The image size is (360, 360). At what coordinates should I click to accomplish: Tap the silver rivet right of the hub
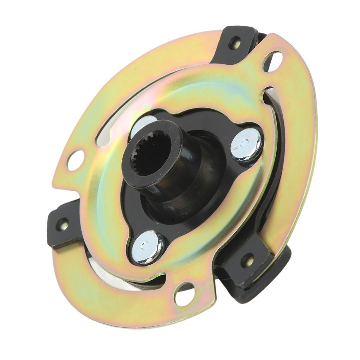click(x=246, y=144)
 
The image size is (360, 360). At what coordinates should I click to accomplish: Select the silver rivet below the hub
click(x=147, y=247)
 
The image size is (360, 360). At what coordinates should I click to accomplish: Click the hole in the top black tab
click(x=234, y=43)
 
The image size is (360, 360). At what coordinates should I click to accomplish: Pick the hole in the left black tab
click(x=62, y=224)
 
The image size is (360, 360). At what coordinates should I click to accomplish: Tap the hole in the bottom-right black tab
click(x=247, y=261)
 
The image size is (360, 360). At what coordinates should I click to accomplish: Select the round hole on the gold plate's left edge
click(x=76, y=160)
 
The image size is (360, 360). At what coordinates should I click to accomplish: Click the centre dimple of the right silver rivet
click(x=245, y=142)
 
